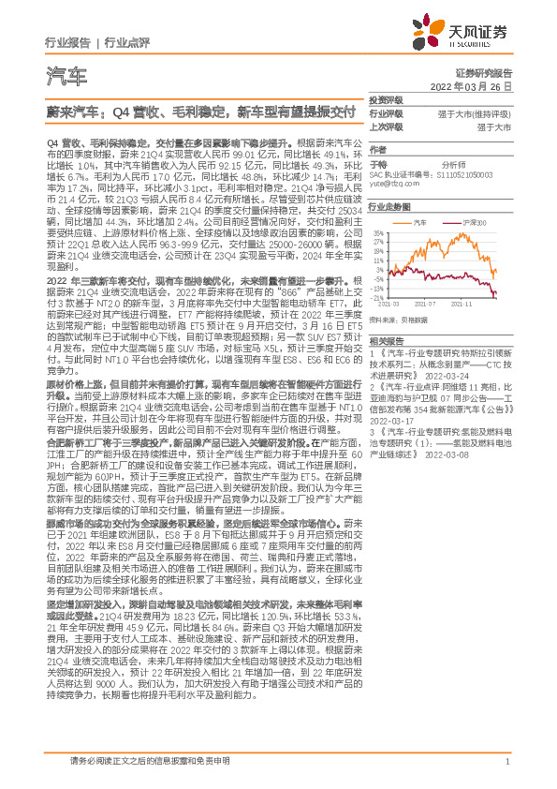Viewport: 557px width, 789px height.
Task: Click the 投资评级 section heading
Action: pyautogui.click(x=386, y=100)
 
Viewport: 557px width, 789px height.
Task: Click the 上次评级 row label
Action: pyautogui.click(x=386, y=126)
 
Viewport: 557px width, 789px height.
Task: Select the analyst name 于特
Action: pyautogui.click(x=377, y=163)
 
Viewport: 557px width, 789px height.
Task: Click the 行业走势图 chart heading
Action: pyautogui.click(x=388, y=209)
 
